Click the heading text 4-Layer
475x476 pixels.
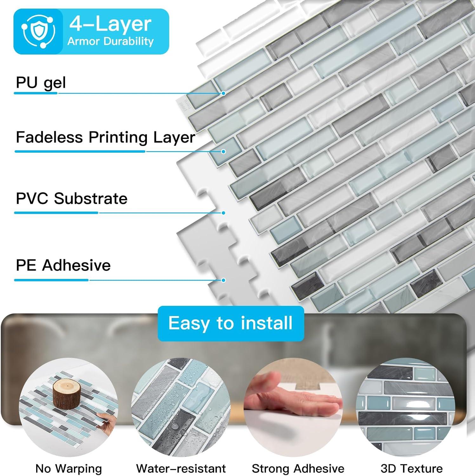(x=110, y=24)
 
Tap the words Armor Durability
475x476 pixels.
(x=110, y=41)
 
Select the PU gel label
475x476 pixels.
(x=41, y=83)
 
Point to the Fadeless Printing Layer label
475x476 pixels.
(x=105, y=137)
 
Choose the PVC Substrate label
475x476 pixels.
(x=71, y=199)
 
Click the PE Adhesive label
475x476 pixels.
(x=63, y=265)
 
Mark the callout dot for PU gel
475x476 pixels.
(x=223, y=93)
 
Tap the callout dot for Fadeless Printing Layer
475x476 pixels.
(x=223, y=151)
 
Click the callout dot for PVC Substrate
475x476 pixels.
(x=223, y=213)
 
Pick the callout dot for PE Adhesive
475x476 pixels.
(x=223, y=280)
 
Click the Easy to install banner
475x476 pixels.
(x=230, y=323)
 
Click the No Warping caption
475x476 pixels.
(x=69, y=468)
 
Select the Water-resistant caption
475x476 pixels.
(x=181, y=468)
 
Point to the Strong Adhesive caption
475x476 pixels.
(x=298, y=468)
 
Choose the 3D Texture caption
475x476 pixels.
(x=411, y=468)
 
